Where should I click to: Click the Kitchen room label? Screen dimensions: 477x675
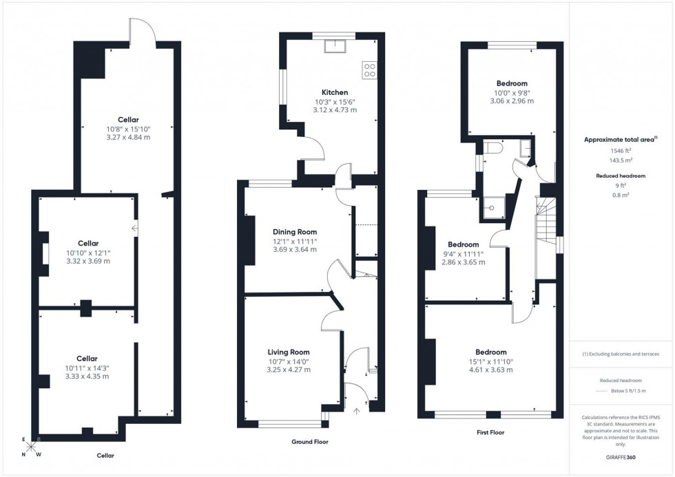click(x=335, y=92)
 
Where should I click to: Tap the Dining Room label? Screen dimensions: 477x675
click(x=294, y=231)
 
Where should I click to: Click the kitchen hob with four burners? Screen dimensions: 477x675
click(x=369, y=70)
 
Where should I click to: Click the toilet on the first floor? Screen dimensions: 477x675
click(x=492, y=147)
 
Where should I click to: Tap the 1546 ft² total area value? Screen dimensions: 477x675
click(x=621, y=150)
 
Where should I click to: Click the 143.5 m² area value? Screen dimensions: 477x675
click(x=621, y=160)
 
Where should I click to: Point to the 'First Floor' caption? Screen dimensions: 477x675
click(x=490, y=433)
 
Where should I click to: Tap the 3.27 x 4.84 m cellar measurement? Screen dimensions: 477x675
click(x=128, y=138)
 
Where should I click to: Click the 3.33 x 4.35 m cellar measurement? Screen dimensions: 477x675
click(x=87, y=377)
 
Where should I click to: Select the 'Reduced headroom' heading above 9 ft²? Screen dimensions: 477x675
click(x=621, y=176)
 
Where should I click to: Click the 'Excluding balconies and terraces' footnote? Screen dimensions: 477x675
click(x=621, y=354)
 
